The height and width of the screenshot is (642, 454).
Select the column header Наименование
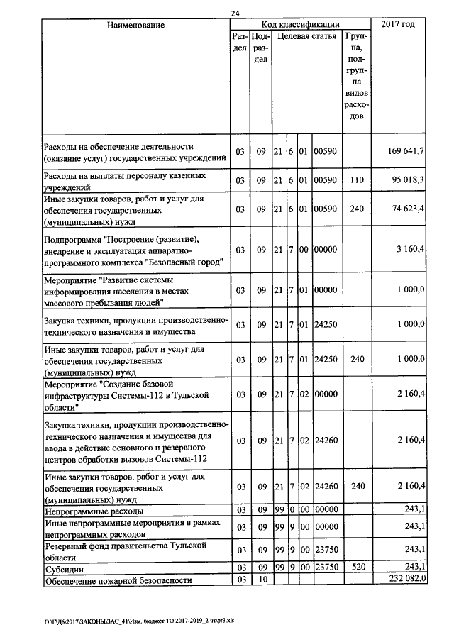135,26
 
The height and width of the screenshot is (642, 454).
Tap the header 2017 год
398,26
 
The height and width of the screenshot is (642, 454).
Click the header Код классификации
300,25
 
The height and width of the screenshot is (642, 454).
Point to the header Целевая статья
306,35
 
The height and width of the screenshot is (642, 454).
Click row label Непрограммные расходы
94,511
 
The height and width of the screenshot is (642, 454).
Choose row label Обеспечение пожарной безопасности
118,581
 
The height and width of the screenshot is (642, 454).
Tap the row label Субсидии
62,569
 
